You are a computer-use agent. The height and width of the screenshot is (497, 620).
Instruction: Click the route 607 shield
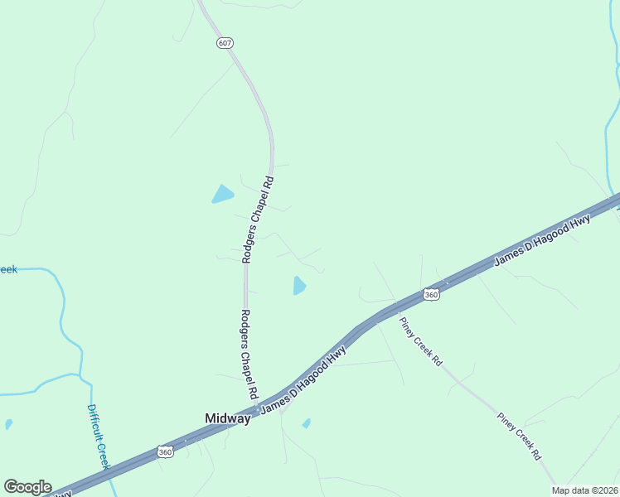(225, 42)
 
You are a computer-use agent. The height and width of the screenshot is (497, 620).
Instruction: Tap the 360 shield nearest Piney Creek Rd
(430, 294)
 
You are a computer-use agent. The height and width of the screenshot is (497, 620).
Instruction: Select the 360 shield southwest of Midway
(165, 451)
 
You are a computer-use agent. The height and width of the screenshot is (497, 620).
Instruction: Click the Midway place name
(227, 419)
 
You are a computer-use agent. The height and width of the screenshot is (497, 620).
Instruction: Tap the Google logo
(27, 487)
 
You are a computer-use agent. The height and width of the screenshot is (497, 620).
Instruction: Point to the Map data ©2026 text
(585, 490)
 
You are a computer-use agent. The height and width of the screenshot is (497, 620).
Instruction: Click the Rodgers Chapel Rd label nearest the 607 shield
(257, 219)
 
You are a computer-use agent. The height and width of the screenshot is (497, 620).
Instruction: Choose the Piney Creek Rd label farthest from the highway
(520, 437)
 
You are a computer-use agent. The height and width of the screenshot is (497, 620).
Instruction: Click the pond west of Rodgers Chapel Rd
(222, 195)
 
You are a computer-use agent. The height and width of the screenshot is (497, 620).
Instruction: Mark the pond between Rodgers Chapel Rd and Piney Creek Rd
(298, 286)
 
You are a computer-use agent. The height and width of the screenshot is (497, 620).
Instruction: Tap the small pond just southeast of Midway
(306, 423)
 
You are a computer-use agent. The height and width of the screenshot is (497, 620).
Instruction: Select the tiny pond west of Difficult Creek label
(8, 424)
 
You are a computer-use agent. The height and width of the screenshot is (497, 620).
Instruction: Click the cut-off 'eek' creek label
(7, 269)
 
